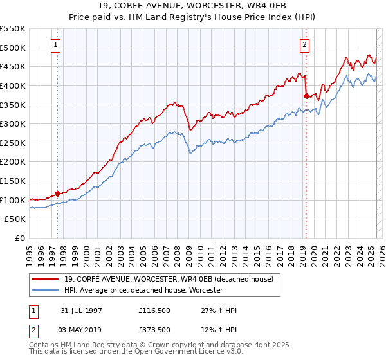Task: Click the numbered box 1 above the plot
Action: click(x=57, y=45)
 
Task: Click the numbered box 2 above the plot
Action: click(x=304, y=45)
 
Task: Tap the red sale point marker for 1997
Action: click(x=57, y=193)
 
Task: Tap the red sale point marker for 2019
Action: click(x=306, y=95)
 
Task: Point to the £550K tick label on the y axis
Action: click(x=14, y=29)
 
